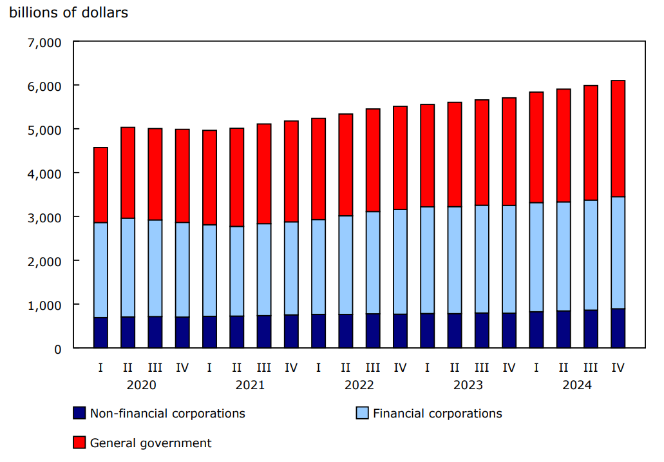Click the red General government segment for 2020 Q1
(100, 185)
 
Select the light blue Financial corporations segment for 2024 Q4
(618, 253)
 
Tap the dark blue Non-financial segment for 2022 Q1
(318, 331)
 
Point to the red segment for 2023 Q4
(509, 151)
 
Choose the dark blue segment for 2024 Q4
(618, 329)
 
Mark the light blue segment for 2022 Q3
(373, 262)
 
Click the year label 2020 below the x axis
(141, 385)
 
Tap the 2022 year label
(359, 385)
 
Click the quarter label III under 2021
(263, 367)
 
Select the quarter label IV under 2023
(509, 367)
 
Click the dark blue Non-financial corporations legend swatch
(79, 413)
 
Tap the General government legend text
(150, 443)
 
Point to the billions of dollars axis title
(68, 13)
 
